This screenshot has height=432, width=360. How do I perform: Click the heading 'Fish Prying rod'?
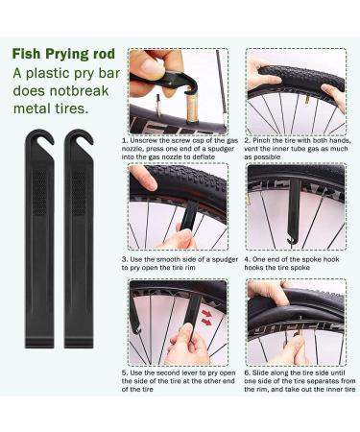click(x=63, y=54)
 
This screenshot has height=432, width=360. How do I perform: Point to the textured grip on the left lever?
click(x=39, y=192)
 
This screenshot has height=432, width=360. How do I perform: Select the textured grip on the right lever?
click(x=79, y=192)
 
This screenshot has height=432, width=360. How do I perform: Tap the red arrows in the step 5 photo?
click(x=207, y=317)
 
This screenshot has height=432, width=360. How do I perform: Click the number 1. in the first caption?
click(x=125, y=140)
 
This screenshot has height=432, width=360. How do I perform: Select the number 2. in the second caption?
click(x=247, y=140)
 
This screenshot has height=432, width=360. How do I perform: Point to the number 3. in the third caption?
click(x=125, y=259)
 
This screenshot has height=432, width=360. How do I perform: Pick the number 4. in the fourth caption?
click(x=247, y=259)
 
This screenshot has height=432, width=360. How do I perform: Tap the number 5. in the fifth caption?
click(x=125, y=372)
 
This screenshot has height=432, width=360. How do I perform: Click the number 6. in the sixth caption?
click(x=247, y=372)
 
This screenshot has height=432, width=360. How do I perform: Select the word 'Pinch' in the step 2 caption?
click(x=261, y=140)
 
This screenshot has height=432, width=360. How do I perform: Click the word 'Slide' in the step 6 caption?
click(x=260, y=372)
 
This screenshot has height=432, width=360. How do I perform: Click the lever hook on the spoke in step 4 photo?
click(x=291, y=241)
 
